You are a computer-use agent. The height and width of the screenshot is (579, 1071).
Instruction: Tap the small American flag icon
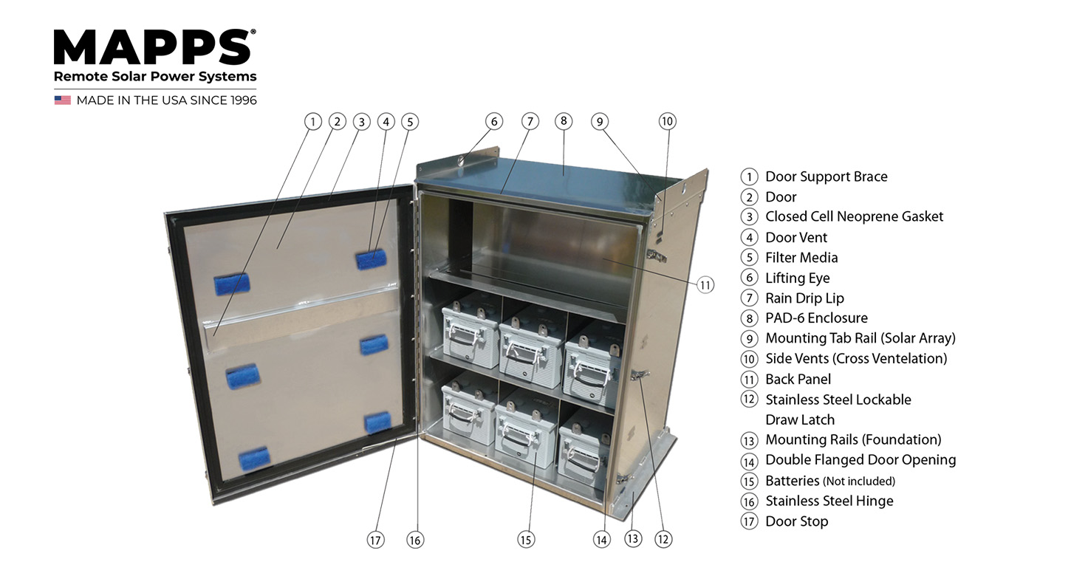(62, 100)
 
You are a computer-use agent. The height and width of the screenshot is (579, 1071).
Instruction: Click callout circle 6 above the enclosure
(494, 121)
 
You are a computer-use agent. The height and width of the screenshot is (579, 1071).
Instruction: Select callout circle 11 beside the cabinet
(705, 284)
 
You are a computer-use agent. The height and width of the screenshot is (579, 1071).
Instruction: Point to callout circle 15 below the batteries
(525, 540)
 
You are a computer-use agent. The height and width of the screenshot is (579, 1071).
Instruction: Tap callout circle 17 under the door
(376, 540)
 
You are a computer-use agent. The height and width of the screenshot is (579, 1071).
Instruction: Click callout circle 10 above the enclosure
(667, 121)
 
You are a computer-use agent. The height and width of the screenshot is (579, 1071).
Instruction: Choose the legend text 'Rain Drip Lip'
(804, 298)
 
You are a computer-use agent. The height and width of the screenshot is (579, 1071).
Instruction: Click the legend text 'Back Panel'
(798, 379)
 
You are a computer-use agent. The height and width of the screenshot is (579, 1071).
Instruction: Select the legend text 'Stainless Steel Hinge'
(829, 501)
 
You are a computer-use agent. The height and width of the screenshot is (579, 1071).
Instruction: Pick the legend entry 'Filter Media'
(801, 257)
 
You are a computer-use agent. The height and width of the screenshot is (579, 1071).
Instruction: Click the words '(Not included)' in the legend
(859, 481)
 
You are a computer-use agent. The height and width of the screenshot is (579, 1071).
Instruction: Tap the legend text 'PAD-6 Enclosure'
(816, 318)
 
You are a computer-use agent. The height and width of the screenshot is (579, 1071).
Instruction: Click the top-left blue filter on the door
(231, 284)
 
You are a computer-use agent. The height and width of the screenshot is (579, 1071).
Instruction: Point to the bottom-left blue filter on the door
(254, 458)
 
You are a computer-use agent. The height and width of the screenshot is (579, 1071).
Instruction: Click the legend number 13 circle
(749, 440)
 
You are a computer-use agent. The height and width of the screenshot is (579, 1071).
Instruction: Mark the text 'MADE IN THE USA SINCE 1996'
(166, 100)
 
